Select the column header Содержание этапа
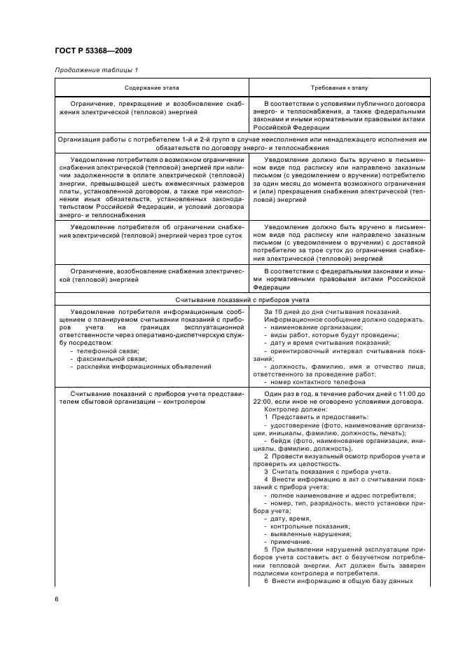(152, 88)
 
